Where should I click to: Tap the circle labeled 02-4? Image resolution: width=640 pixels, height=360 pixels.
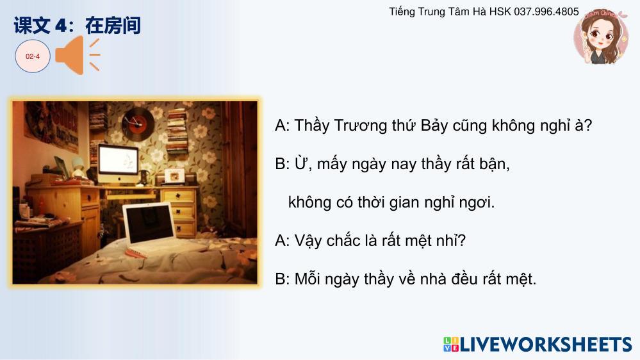click(x=33, y=56)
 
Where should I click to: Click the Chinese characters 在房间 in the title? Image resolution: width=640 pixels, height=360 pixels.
click(x=113, y=26)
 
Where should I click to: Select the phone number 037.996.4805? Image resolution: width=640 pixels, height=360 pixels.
click(x=546, y=12)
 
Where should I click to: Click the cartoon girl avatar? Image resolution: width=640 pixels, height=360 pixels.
click(x=600, y=37)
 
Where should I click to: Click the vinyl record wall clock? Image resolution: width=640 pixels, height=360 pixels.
click(x=138, y=122)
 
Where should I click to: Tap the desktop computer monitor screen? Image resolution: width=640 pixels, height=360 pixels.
click(x=119, y=160)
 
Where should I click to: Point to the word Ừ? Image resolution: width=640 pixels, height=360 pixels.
click(x=302, y=164)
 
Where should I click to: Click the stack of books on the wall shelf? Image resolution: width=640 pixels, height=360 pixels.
click(x=177, y=131)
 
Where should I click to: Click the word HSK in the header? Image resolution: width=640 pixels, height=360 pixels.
click(x=500, y=12)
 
